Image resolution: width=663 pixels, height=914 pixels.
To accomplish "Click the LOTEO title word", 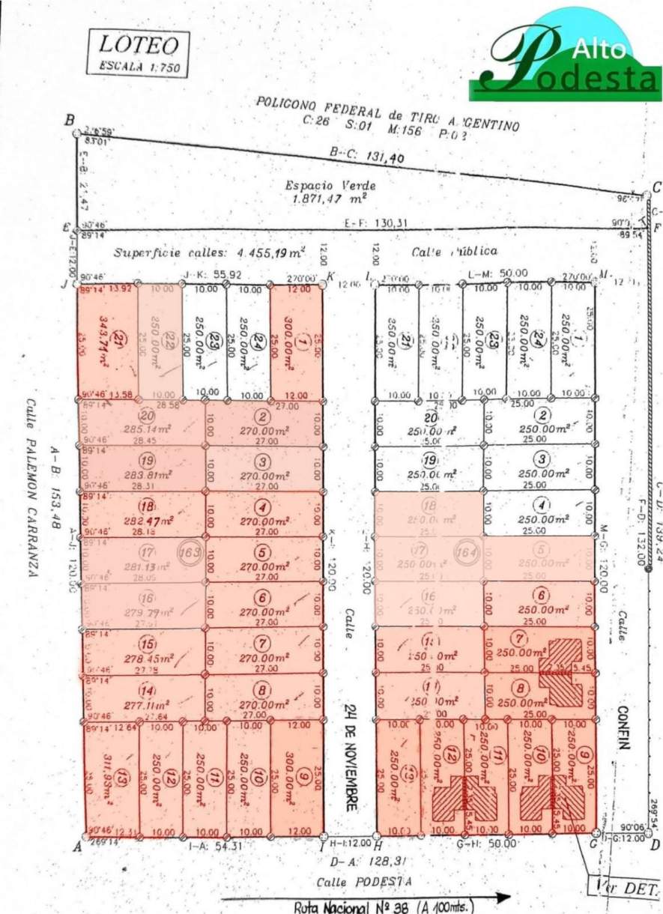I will (x=139, y=45).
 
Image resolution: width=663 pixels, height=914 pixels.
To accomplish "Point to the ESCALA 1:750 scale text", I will (x=139, y=66).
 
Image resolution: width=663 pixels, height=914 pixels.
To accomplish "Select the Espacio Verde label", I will (x=330, y=186).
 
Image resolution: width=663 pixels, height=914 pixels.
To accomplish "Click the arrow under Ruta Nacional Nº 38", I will (x=367, y=898).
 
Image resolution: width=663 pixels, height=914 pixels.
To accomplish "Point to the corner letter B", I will (x=70, y=121).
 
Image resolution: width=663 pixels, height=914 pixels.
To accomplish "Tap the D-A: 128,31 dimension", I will (x=364, y=861).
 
